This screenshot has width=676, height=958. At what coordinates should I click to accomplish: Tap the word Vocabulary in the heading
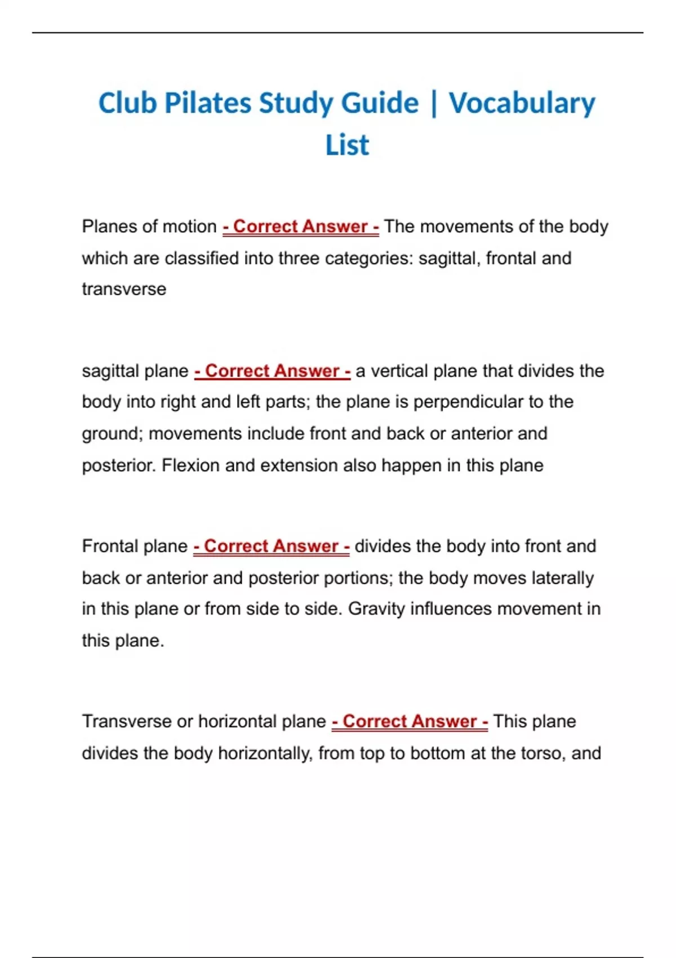tap(522, 104)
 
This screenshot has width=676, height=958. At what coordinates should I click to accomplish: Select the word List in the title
tap(347, 145)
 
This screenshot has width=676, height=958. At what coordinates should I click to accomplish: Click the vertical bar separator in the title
tap(433, 104)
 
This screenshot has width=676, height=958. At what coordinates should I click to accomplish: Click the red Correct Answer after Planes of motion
tap(300, 227)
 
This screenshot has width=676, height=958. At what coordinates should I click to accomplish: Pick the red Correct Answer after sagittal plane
tap(272, 371)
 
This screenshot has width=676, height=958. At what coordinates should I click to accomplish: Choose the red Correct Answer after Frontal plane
tap(271, 547)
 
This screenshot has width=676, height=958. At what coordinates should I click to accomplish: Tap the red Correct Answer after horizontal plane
tap(410, 722)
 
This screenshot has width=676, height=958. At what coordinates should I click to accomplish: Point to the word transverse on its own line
tap(124, 290)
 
